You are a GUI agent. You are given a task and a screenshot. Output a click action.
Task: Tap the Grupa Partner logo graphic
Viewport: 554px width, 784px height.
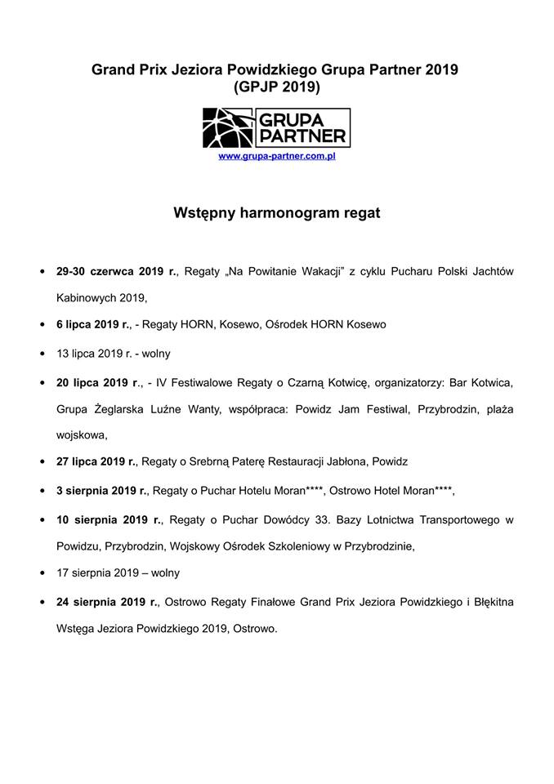(276, 127)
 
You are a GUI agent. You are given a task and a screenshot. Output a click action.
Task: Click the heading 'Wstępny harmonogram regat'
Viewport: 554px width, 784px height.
(276, 213)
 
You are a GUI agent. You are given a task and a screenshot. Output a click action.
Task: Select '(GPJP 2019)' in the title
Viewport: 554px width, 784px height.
(276, 87)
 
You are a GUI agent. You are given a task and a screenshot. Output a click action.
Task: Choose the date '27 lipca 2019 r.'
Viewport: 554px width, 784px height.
(96, 461)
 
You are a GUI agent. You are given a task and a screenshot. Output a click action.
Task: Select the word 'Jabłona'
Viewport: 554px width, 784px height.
(343, 461)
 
